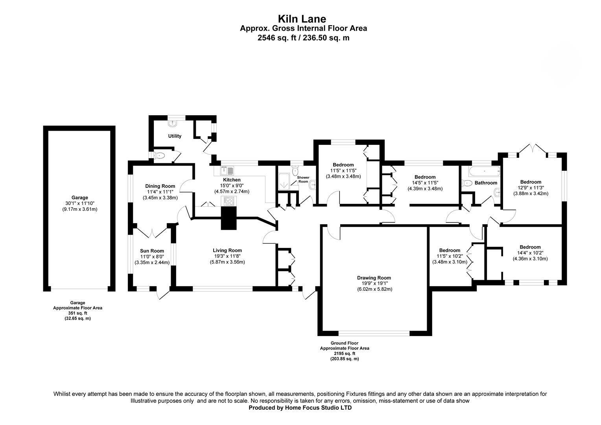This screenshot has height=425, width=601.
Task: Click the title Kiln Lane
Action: (x=302, y=19)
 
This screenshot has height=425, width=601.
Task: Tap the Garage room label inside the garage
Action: (x=80, y=198)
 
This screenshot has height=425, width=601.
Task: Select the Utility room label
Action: (x=175, y=136)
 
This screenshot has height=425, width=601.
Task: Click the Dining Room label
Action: (x=160, y=186)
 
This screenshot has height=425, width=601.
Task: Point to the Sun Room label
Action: (x=152, y=251)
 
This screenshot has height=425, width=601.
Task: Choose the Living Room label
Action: (x=227, y=251)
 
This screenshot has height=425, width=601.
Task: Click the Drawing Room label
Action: (x=374, y=278)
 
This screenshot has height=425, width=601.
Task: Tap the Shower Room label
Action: (x=303, y=179)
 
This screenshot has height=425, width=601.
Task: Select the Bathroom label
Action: (x=486, y=183)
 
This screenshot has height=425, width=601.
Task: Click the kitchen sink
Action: (x=227, y=170)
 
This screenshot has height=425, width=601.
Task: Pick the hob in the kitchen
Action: (x=229, y=201)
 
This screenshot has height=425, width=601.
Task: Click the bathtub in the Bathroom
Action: (x=484, y=171)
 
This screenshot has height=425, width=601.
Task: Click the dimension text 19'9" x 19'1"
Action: (x=374, y=283)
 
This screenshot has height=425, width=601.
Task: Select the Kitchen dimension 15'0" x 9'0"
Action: (x=232, y=185)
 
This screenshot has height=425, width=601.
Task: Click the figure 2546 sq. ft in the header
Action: (x=277, y=38)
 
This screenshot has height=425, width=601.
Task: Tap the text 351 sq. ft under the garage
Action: (x=77, y=313)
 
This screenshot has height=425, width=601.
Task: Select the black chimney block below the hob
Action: (x=229, y=218)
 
